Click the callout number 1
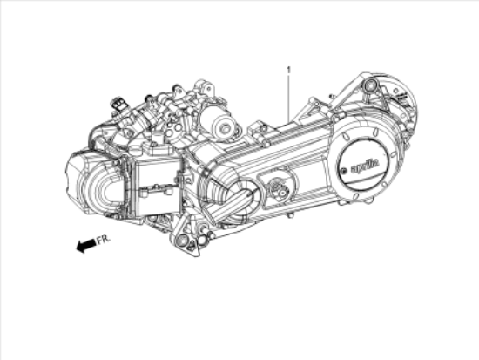[x=288, y=68]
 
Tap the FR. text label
[x=104, y=240]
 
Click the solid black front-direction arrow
[x=85, y=246]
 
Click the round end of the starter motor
[x=227, y=128]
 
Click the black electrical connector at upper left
[x=119, y=105]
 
